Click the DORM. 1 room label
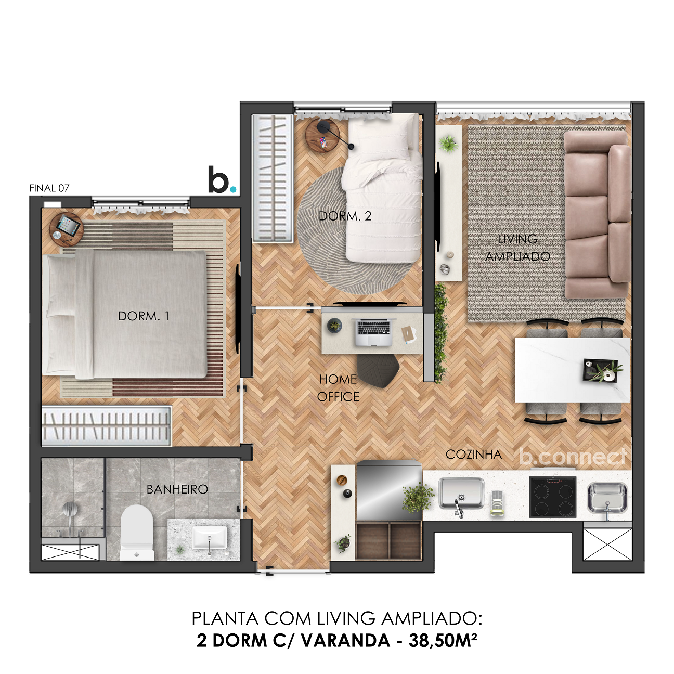pos(144,316)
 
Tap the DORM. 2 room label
pos(345,216)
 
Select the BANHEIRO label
pos(177,489)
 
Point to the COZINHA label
pos(473,455)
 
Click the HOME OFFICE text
pos(338,388)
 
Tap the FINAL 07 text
pos(49,188)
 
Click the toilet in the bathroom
pos(137,532)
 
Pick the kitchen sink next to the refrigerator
pos(461,494)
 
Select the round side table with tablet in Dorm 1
pos(66,228)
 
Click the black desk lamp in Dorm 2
pos(326,127)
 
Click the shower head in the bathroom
pos(70,510)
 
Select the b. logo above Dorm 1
pos(221,180)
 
